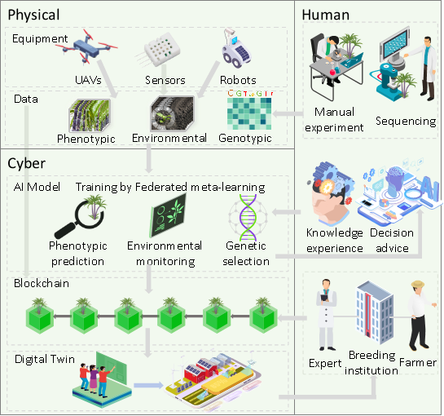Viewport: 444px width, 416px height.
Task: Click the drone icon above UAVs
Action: [90, 46]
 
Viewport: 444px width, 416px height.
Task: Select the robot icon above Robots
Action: [235, 47]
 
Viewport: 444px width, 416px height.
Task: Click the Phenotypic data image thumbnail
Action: [90, 116]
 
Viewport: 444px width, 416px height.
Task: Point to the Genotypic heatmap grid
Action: [249, 113]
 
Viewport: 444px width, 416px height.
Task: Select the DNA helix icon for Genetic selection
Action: [248, 217]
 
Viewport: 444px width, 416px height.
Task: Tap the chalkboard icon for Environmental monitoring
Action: [168, 215]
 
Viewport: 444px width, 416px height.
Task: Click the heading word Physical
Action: [33, 15]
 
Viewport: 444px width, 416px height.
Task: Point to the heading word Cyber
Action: [27, 163]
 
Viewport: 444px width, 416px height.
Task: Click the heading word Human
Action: [326, 15]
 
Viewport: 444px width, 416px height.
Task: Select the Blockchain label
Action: [42, 283]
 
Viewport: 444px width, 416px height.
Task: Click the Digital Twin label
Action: [45, 359]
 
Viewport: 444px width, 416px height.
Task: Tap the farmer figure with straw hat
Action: [420, 316]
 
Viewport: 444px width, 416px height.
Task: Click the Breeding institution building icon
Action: [375, 312]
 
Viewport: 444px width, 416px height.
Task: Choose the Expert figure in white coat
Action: [327, 315]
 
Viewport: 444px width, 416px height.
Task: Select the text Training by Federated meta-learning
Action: [170, 188]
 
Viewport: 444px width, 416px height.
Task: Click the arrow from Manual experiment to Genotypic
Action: [288, 113]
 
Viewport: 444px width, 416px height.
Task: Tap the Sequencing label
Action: [406, 121]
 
